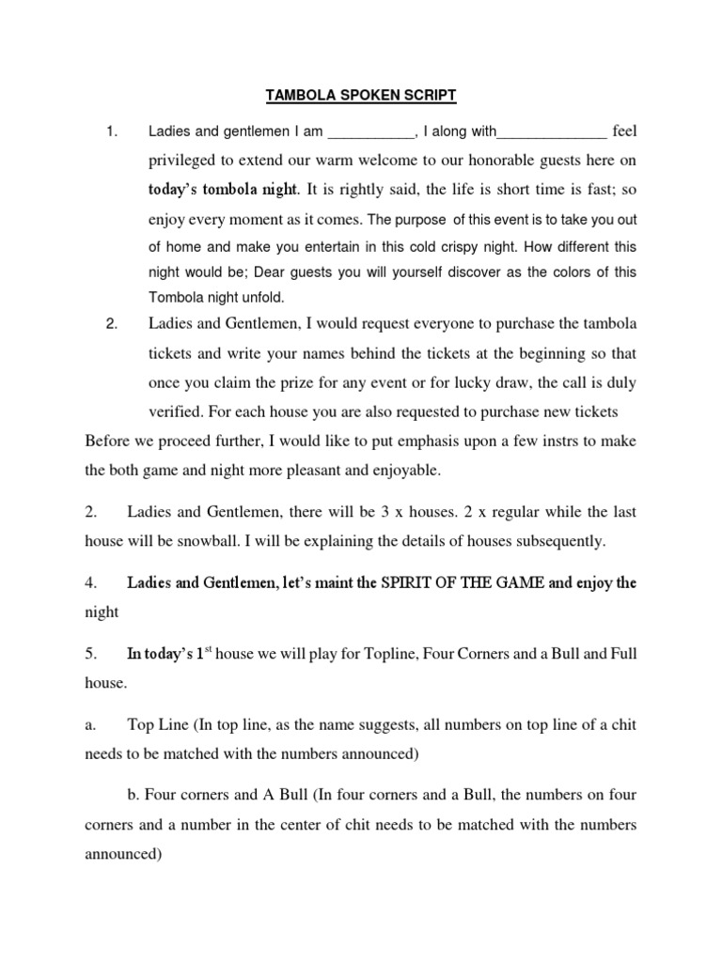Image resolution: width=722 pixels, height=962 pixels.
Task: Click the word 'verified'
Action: point(174,411)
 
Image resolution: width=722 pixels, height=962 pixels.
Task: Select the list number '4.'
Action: point(91,582)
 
